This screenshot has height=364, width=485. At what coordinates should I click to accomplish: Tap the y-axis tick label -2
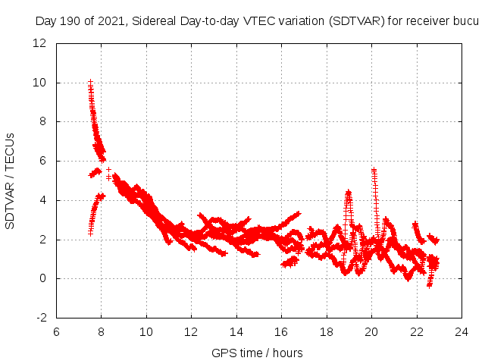(42, 318)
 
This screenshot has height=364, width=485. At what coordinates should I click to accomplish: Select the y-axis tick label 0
(45, 278)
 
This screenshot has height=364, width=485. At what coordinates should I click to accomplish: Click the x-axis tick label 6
(56, 331)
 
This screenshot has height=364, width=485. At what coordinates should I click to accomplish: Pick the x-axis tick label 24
(461, 331)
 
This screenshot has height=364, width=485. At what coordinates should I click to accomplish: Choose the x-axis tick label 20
(371, 331)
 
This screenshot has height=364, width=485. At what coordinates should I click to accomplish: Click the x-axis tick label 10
(146, 331)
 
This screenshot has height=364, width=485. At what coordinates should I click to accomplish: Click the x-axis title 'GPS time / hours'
(258, 353)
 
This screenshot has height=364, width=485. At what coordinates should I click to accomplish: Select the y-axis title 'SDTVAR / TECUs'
(11, 180)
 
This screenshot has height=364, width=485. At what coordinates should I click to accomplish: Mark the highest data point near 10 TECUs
(90, 81)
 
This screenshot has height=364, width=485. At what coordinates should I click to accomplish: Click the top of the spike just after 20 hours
(374, 170)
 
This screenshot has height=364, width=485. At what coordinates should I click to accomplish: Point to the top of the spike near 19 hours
(348, 192)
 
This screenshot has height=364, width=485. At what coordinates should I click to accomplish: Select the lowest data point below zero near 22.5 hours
(429, 286)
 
